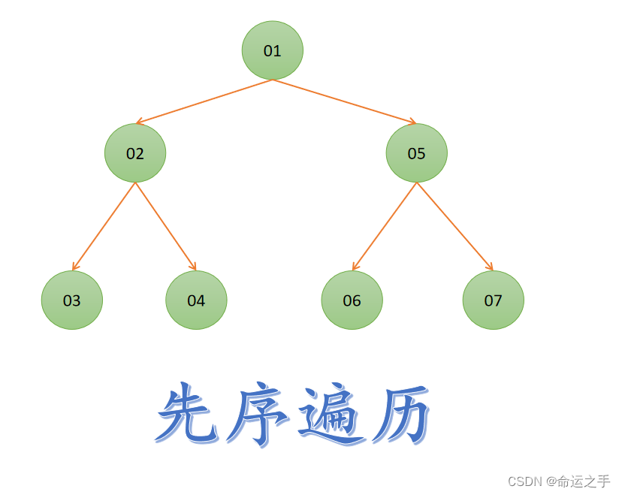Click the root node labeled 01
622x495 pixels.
[x=272, y=50]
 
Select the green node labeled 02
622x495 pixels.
[x=135, y=153]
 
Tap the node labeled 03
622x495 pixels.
[x=71, y=300]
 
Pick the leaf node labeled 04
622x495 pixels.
[x=196, y=300]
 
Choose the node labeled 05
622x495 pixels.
[x=416, y=153]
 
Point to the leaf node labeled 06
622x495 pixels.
[x=352, y=300]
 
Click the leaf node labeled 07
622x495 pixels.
[x=493, y=300]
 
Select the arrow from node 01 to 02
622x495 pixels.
[x=204, y=101]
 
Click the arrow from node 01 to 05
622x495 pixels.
[x=344, y=101]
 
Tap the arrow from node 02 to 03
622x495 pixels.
[x=104, y=226]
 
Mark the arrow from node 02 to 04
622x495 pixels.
[x=165, y=226]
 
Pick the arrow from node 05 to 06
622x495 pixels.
[x=385, y=226]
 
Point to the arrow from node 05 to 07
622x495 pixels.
[x=454, y=226]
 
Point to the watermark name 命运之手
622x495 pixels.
[x=583, y=481]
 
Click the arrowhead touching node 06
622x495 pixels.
[x=355, y=267]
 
